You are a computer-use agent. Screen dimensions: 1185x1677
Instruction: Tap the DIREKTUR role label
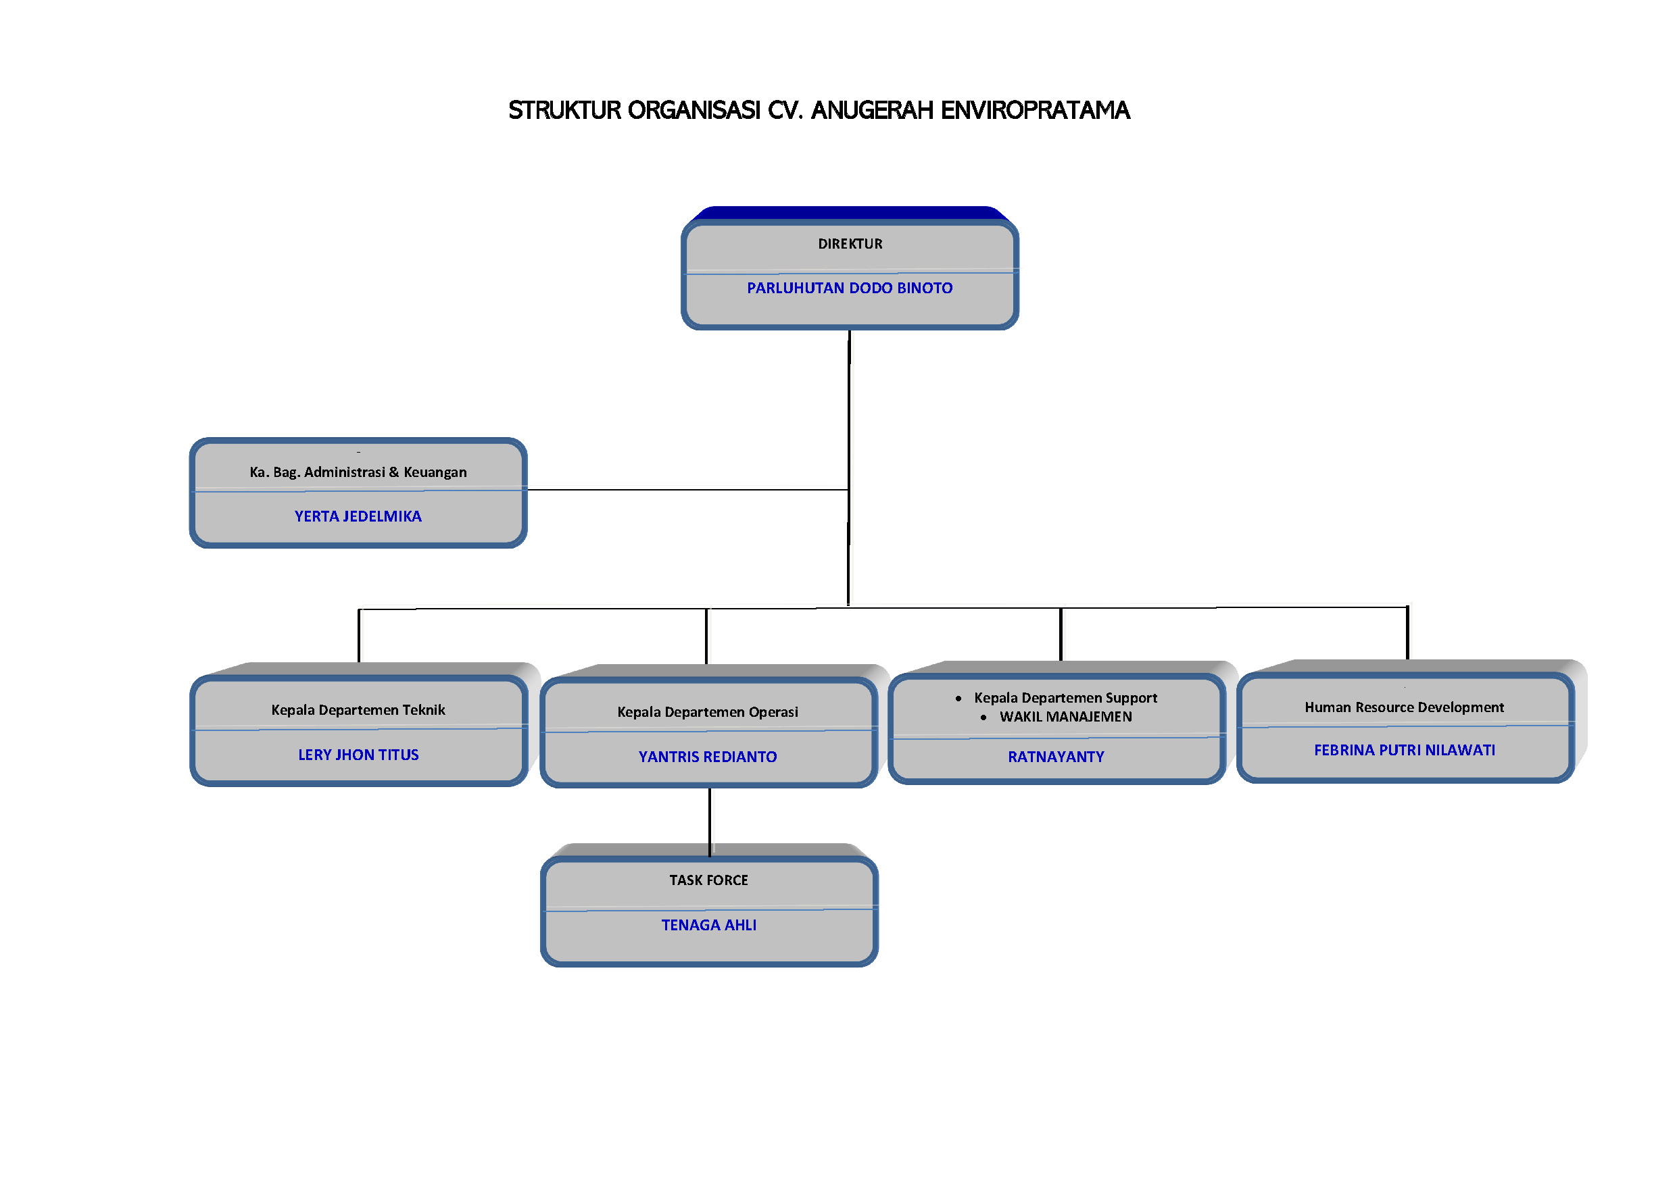850,244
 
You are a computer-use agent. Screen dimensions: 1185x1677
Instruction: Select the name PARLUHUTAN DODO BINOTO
850,288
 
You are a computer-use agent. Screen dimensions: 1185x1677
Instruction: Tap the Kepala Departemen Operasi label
707,712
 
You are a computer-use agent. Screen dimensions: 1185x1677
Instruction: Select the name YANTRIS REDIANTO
707,757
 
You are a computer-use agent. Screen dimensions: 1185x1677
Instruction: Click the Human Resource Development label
1404,707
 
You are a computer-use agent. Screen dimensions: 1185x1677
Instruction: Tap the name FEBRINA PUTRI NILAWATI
1404,751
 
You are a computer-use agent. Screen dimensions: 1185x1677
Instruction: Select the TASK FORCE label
708,880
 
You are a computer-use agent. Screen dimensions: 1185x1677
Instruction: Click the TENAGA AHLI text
708,925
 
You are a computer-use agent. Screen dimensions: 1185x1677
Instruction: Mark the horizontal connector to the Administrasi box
687,490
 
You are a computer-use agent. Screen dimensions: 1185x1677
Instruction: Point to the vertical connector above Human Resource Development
1407,632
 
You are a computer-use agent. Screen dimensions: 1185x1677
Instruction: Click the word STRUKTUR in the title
564,110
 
